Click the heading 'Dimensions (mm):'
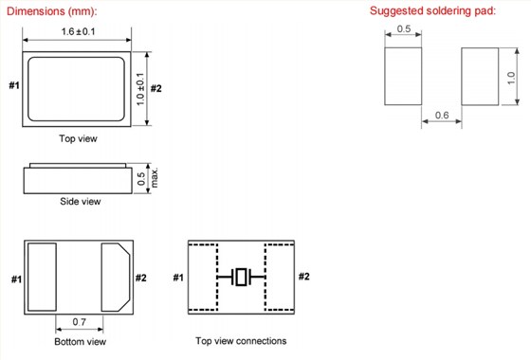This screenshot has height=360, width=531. pos(52,11)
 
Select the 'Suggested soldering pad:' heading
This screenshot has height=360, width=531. pos(432,10)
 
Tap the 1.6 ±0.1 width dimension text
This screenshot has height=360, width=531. pos(78,31)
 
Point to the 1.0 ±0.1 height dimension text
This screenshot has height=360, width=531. pos(140,89)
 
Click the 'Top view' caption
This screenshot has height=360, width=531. pos(78,138)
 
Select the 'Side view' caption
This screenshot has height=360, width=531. pos(81,201)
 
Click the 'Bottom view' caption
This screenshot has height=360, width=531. pos(81,341)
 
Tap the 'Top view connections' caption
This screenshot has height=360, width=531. pos(241,341)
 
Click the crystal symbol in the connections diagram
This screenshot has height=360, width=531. pos(241,277)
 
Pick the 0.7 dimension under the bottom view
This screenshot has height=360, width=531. pos(80,321)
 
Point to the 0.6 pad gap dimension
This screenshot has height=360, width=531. pos(442,115)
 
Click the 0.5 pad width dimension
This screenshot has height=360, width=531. pos(403,28)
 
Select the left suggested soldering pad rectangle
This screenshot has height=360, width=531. pos(403,76)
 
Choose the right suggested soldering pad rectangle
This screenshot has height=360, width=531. pos(480,76)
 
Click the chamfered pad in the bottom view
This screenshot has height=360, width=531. pos(116,277)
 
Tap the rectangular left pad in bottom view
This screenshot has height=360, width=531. pos(42,277)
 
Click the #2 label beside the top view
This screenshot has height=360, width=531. pos(156,89)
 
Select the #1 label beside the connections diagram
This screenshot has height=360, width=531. pos(178,278)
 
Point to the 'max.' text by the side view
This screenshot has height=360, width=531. pos(154,178)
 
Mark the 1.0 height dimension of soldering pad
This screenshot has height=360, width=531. pos(511,78)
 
